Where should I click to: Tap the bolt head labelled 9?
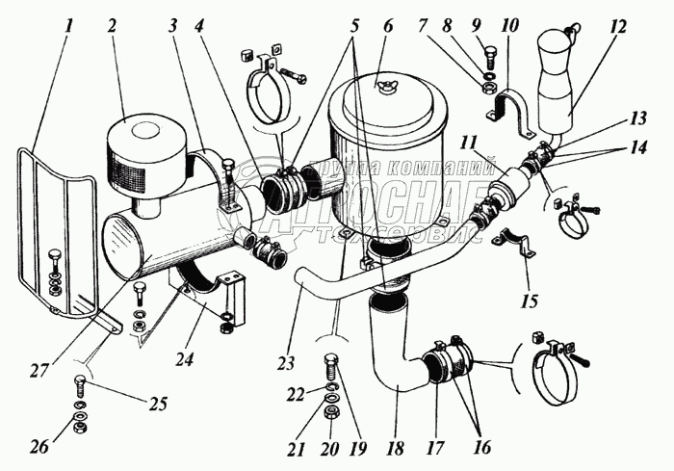[x=489, y=56]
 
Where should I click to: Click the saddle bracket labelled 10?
[x=508, y=104]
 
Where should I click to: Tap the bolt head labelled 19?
[x=332, y=368]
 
